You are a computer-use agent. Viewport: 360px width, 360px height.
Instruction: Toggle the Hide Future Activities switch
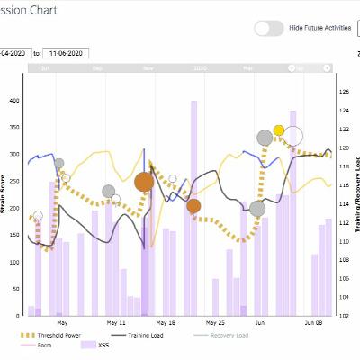coord(268,28)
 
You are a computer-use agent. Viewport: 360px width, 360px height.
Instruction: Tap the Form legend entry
coord(49,345)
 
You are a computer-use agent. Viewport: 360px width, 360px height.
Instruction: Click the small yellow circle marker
coord(279,131)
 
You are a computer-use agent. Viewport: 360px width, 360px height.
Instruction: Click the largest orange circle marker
coord(144,183)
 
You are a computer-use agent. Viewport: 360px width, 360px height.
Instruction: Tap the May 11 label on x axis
coord(116,321)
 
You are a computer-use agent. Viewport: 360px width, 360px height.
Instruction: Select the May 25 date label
coord(215,321)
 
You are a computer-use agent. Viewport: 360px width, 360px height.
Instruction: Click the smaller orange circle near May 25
coord(193,206)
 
